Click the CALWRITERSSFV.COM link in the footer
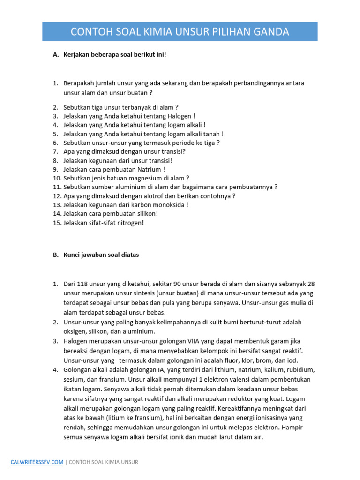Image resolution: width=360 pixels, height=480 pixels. point(37,462)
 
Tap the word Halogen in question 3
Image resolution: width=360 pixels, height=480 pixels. point(179,116)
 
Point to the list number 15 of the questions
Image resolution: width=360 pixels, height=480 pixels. point(57,223)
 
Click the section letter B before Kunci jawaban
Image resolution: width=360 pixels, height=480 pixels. point(55,255)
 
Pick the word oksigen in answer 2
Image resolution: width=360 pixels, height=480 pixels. point(75,331)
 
